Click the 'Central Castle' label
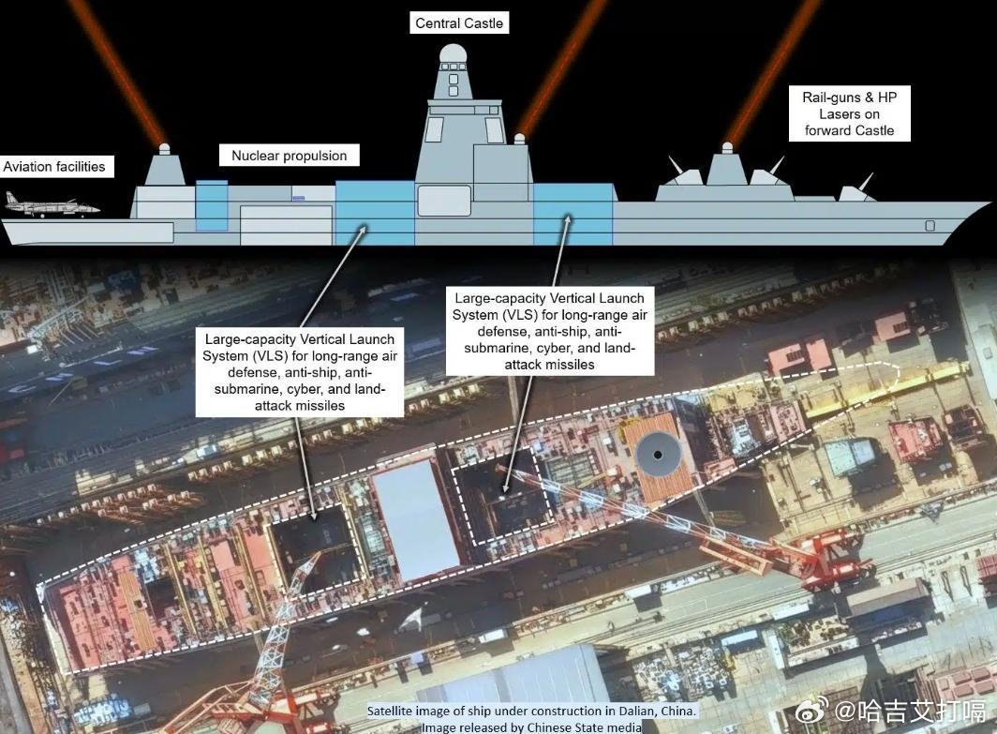[x=459, y=23]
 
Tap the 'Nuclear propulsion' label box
[x=290, y=156]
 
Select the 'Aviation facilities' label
[x=54, y=167]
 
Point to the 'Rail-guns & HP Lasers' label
[x=850, y=113]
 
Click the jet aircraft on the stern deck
[x=52, y=204]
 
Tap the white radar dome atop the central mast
[x=452, y=53]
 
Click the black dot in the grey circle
[x=658, y=455]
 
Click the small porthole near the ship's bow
[x=930, y=226]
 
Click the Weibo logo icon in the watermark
[x=812, y=711]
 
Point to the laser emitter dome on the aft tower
[x=165, y=149]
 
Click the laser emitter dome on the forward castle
[x=727, y=148]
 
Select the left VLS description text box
[x=300, y=372]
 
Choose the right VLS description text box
[x=550, y=331]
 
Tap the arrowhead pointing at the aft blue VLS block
[x=363, y=229]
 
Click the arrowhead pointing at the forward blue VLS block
[x=568, y=219]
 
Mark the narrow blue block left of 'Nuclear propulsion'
[x=212, y=204]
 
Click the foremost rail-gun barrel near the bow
[x=866, y=181]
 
